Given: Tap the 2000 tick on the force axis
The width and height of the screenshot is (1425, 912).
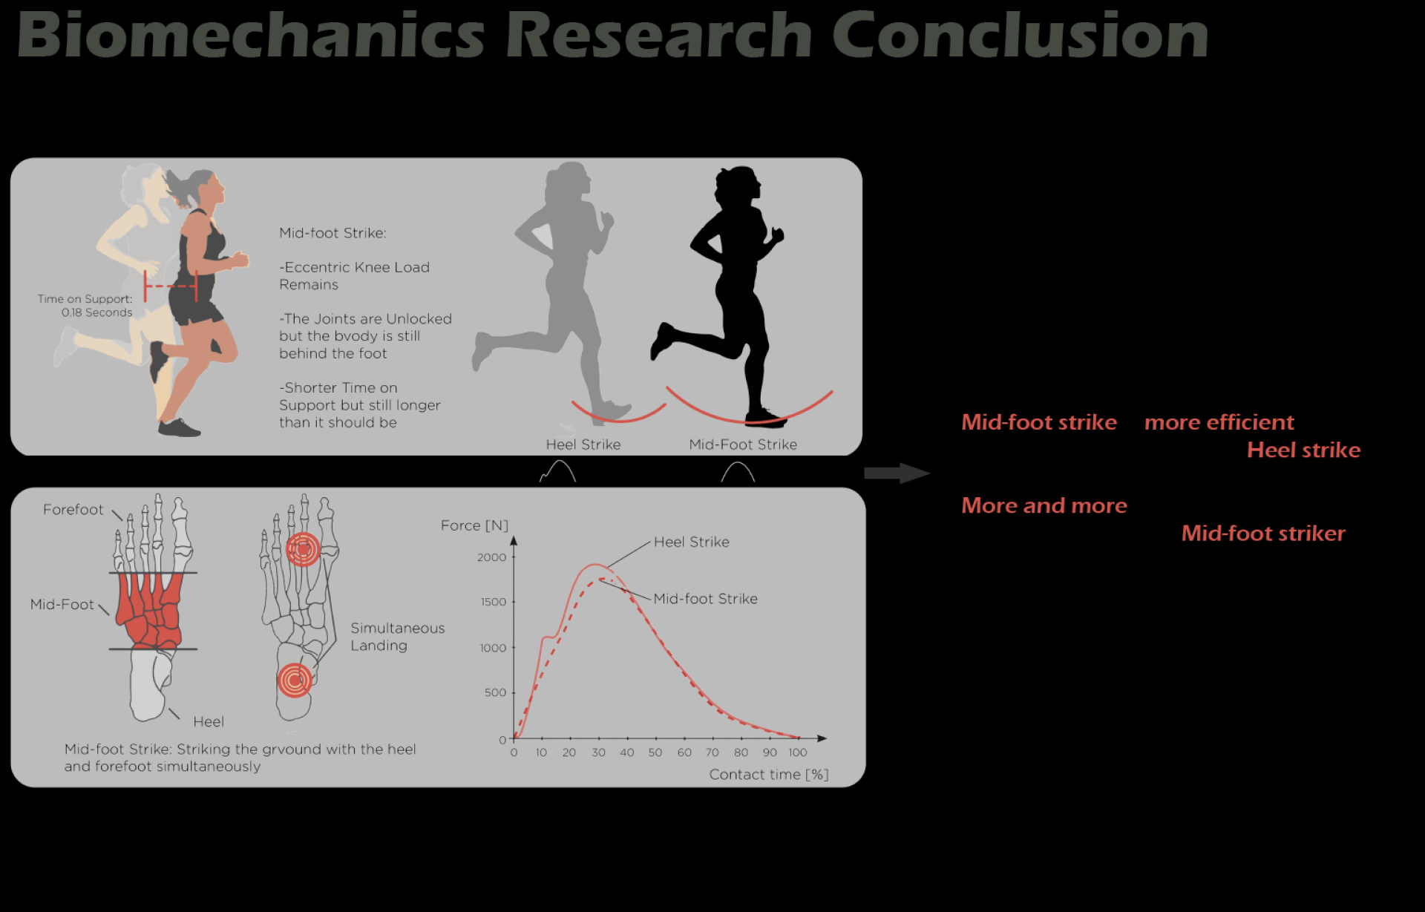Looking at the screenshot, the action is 491,557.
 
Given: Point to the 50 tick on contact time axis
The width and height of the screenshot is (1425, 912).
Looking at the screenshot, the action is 655,752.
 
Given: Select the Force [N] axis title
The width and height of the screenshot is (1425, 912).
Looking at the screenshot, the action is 474,525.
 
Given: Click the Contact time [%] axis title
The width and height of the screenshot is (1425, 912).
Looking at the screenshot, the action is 769,775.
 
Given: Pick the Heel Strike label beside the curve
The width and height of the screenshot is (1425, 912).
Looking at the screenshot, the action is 692,542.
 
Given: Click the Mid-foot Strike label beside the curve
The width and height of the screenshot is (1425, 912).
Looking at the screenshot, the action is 706,599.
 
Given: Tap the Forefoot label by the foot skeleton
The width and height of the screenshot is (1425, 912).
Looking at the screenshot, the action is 73,510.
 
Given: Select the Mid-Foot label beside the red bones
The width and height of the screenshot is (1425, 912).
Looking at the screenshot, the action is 62,605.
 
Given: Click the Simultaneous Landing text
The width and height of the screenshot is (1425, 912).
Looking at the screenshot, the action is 398,637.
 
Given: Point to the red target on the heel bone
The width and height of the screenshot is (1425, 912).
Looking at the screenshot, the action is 295,680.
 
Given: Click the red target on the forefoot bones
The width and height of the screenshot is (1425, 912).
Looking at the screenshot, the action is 303,550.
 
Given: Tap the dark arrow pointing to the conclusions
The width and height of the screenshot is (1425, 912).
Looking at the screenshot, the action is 897,473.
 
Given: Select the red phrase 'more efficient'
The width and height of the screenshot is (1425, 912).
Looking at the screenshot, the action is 1219,422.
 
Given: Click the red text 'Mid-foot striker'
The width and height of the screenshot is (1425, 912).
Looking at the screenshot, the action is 1263,533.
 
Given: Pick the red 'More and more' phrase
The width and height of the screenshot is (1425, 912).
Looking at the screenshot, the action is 1044,505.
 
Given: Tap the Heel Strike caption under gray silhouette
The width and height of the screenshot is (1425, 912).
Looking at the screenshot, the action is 583,444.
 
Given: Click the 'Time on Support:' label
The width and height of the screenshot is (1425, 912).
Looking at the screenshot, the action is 85,299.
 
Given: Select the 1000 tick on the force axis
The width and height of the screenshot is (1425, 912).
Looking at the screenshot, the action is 493,648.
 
